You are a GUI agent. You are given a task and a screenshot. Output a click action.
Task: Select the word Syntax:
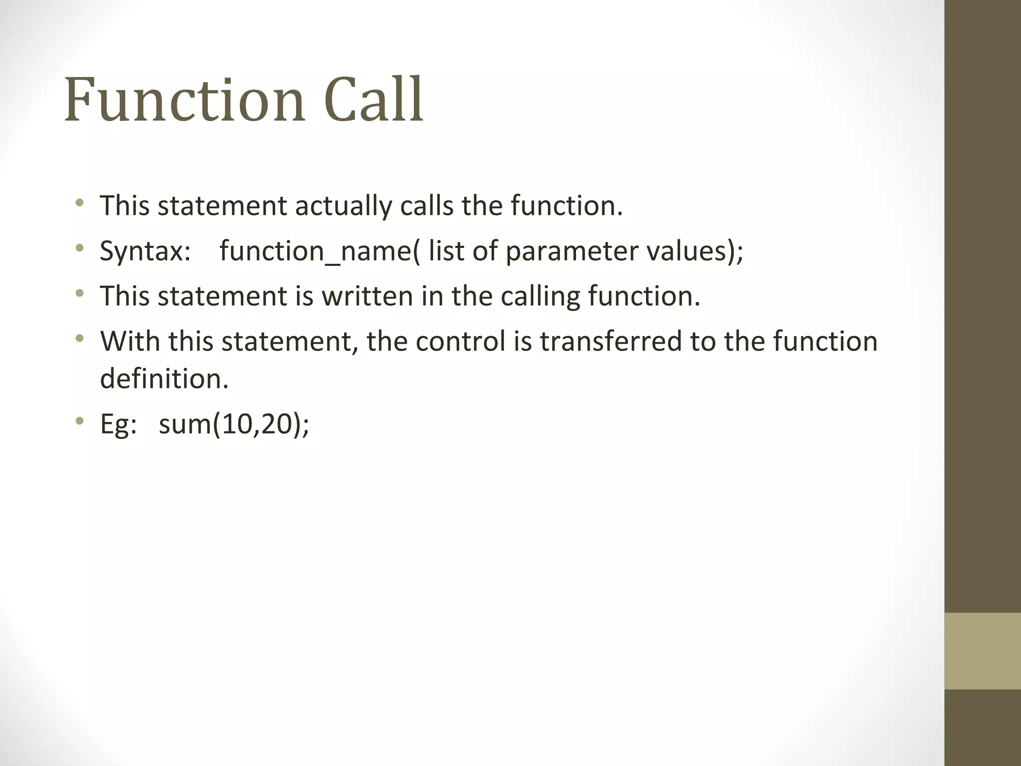coord(145,251)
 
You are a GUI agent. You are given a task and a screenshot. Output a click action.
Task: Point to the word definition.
coord(164,379)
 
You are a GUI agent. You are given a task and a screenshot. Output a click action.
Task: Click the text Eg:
coord(119,425)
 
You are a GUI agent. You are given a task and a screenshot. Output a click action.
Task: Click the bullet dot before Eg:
coord(79,421)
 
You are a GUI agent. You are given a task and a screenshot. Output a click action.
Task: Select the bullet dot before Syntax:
coord(79,247)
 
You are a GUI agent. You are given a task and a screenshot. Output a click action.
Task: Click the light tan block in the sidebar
coord(982,651)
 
